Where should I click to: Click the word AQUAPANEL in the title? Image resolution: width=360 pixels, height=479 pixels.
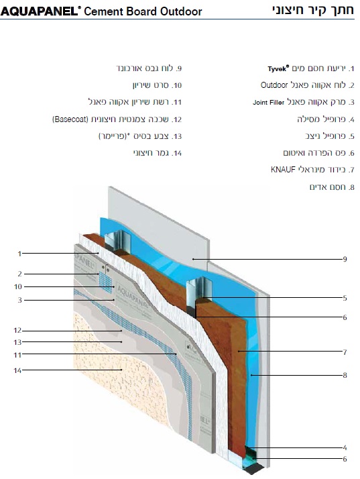click(39, 11)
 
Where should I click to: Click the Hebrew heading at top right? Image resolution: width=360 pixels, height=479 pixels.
click(313, 10)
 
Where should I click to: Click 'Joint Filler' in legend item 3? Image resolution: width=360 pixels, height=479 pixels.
click(268, 103)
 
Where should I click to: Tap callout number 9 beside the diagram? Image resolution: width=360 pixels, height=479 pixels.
click(345, 259)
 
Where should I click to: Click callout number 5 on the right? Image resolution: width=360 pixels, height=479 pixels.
click(345, 298)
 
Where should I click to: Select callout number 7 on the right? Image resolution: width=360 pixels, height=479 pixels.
click(345, 352)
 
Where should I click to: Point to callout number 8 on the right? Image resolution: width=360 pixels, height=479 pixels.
click(345, 375)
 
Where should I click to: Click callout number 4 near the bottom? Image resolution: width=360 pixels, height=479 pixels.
click(345, 448)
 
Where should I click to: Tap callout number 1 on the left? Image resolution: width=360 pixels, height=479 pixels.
click(19, 254)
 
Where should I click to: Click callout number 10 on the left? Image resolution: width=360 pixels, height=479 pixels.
click(18, 286)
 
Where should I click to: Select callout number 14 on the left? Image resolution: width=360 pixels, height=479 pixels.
click(17, 370)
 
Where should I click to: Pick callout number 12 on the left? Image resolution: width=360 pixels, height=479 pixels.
click(17, 331)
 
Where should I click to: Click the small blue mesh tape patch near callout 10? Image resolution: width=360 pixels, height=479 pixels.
click(105, 282)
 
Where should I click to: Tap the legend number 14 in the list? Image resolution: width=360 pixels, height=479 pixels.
click(176, 153)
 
